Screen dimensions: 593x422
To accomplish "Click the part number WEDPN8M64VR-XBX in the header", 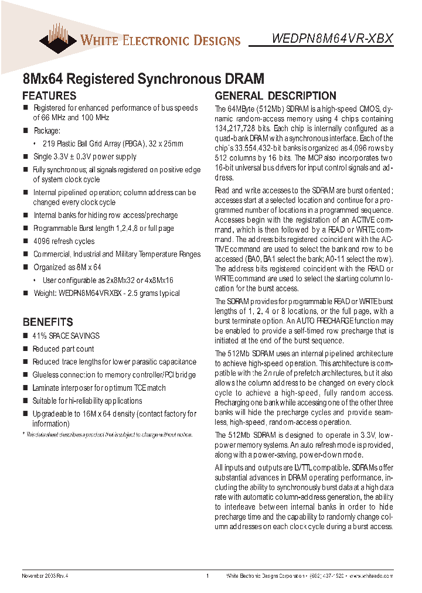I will click(x=332, y=39).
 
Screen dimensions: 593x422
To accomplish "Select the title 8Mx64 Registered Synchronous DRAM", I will click(x=143, y=79).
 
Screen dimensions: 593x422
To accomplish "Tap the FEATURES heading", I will click(x=49, y=96).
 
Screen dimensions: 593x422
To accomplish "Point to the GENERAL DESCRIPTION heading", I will click(x=275, y=96).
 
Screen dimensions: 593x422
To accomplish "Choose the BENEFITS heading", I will click(x=47, y=322).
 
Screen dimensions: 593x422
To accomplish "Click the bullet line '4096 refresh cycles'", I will click(x=63, y=241).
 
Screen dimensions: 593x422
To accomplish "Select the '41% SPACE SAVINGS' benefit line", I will click(x=66, y=336).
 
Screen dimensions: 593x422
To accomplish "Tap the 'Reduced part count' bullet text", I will click(x=63, y=349).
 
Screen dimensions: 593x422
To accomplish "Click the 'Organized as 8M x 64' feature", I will click(x=67, y=267).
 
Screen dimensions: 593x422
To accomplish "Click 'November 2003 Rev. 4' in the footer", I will click(x=45, y=576).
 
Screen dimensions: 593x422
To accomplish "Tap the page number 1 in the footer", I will click(x=207, y=576).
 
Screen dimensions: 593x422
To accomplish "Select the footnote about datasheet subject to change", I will click(x=108, y=434).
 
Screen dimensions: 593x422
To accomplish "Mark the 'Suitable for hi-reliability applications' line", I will click(x=87, y=401).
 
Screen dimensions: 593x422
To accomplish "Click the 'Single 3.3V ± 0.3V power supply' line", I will click(x=84, y=156).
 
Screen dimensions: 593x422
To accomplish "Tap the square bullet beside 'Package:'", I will click(x=26, y=131).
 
